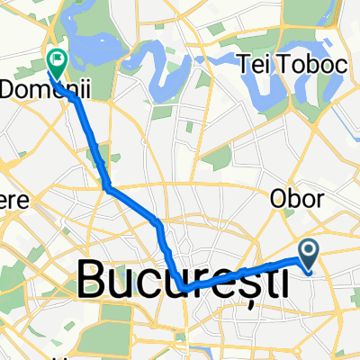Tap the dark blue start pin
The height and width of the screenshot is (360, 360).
click(x=309, y=254)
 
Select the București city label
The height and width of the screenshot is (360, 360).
click(x=183, y=280)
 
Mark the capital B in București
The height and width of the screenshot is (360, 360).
click(x=93, y=280)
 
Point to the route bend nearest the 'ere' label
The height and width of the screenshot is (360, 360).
click(x=107, y=188)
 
